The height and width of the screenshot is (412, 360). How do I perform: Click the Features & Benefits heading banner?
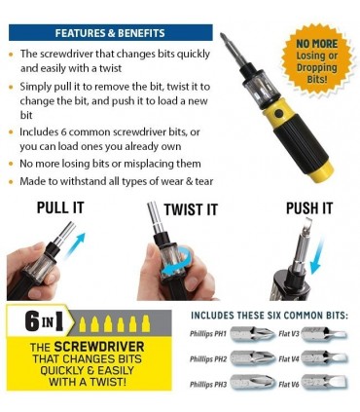click(111, 32)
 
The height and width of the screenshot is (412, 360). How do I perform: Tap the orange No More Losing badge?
click(317, 61)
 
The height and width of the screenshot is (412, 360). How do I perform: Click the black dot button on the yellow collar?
click(278, 114)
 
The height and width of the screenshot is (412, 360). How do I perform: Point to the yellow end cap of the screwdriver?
click(321, 170)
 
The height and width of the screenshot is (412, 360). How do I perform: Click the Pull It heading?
click(60, 207)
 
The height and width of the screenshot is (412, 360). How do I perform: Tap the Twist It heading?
click(191, 209)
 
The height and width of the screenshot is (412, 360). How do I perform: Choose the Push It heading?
click(309, 208)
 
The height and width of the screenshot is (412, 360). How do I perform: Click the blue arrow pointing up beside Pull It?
click(75, 244)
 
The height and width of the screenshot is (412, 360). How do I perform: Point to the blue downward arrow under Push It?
click(316, 256)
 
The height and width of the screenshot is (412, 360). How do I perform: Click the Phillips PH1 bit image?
click(253, 334)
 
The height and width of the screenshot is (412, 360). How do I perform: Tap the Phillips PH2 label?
click(208, 359)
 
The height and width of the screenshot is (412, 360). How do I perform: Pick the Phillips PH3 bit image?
click(253, 383)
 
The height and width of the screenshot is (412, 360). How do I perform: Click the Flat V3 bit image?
click(324, 334)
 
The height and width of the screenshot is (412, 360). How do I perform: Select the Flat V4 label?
click(288, 359)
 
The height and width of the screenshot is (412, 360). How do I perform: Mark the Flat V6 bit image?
click(324, 383)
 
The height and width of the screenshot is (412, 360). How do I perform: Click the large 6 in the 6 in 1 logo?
click(32, 322)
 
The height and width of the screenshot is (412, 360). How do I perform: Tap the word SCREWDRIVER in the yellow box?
click(99, 347)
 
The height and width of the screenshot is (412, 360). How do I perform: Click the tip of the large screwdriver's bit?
click(222, 34)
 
